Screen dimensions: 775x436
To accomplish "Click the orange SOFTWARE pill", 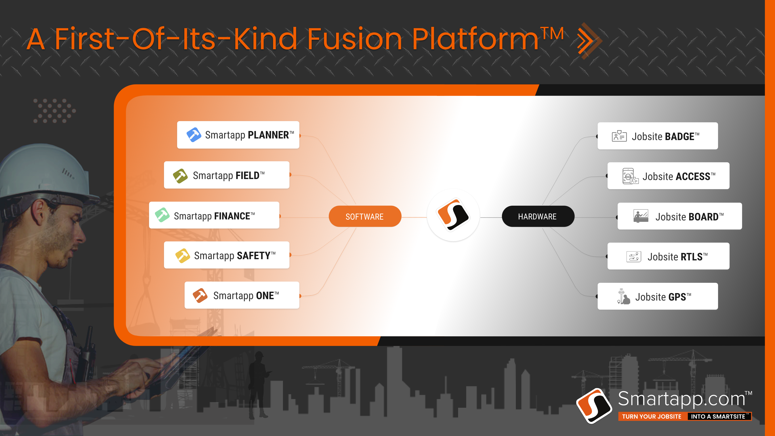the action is coord(365,217).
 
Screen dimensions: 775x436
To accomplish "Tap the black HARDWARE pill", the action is coord(538,217).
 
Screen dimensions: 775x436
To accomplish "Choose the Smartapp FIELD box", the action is coord(227,175).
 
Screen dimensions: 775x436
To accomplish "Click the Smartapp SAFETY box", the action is coord(227,255).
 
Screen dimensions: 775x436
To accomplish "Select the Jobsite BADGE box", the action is coord(658,136).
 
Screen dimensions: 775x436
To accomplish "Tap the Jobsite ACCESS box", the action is coord(669,176).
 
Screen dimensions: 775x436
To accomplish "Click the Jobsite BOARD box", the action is coord(680,216).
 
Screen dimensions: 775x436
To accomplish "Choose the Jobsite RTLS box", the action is coord(669,256).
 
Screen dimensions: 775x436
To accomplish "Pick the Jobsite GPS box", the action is coord(658,296).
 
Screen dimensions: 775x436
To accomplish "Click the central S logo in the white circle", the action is coord(453,215).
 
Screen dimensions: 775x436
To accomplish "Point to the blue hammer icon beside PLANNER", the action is coord(194,135).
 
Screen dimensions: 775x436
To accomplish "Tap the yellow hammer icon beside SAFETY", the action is coord(183,256).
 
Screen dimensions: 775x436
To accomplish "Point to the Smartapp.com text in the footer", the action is coord(682,399).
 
